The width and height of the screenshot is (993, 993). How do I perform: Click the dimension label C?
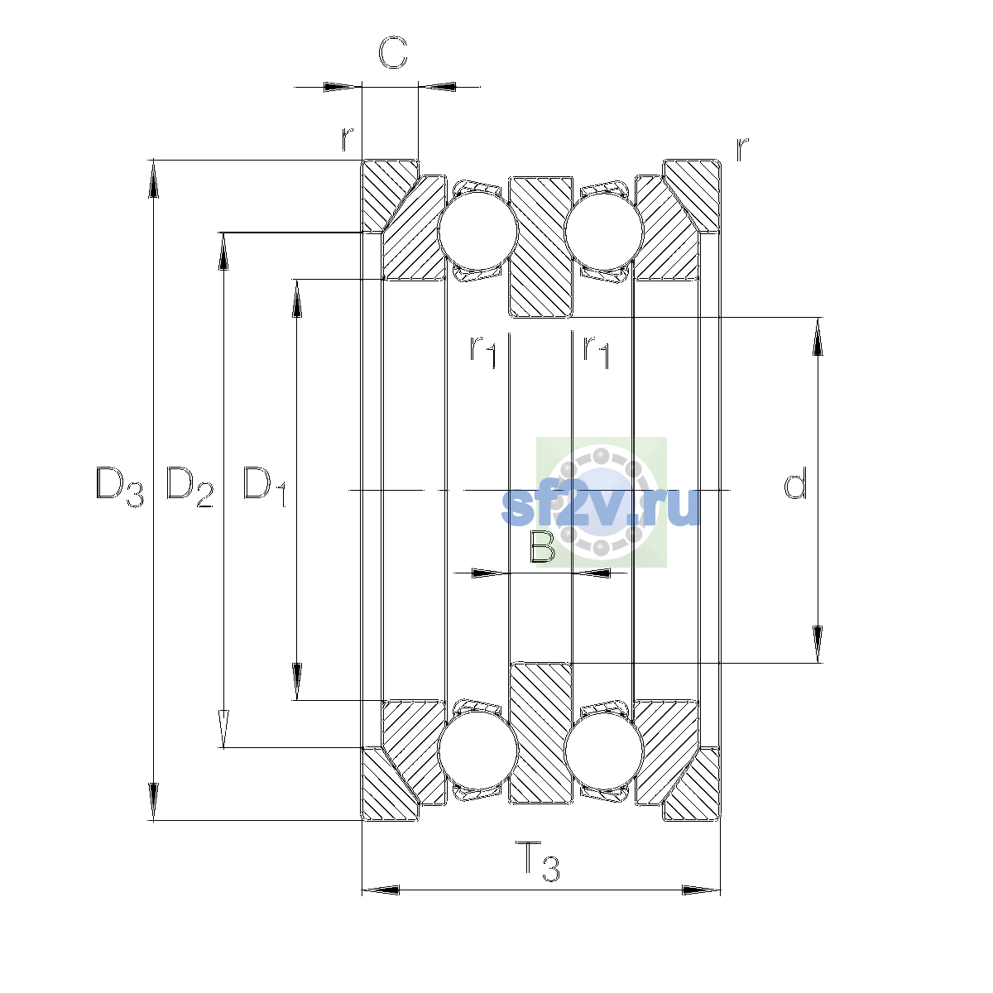(393, 53)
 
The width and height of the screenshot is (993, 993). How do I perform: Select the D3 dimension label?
(119, 487)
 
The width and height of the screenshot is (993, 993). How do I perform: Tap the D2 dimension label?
(189, 487)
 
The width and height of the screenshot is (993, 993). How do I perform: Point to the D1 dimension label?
(264, 487)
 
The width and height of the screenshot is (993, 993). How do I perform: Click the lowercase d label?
(795, 482)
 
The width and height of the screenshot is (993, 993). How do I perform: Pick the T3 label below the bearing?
(538, 861)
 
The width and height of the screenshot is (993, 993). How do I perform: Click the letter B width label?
(542, 546)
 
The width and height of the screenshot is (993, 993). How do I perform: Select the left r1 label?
(482, 352)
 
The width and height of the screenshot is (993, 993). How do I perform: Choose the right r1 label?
(596, 352)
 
